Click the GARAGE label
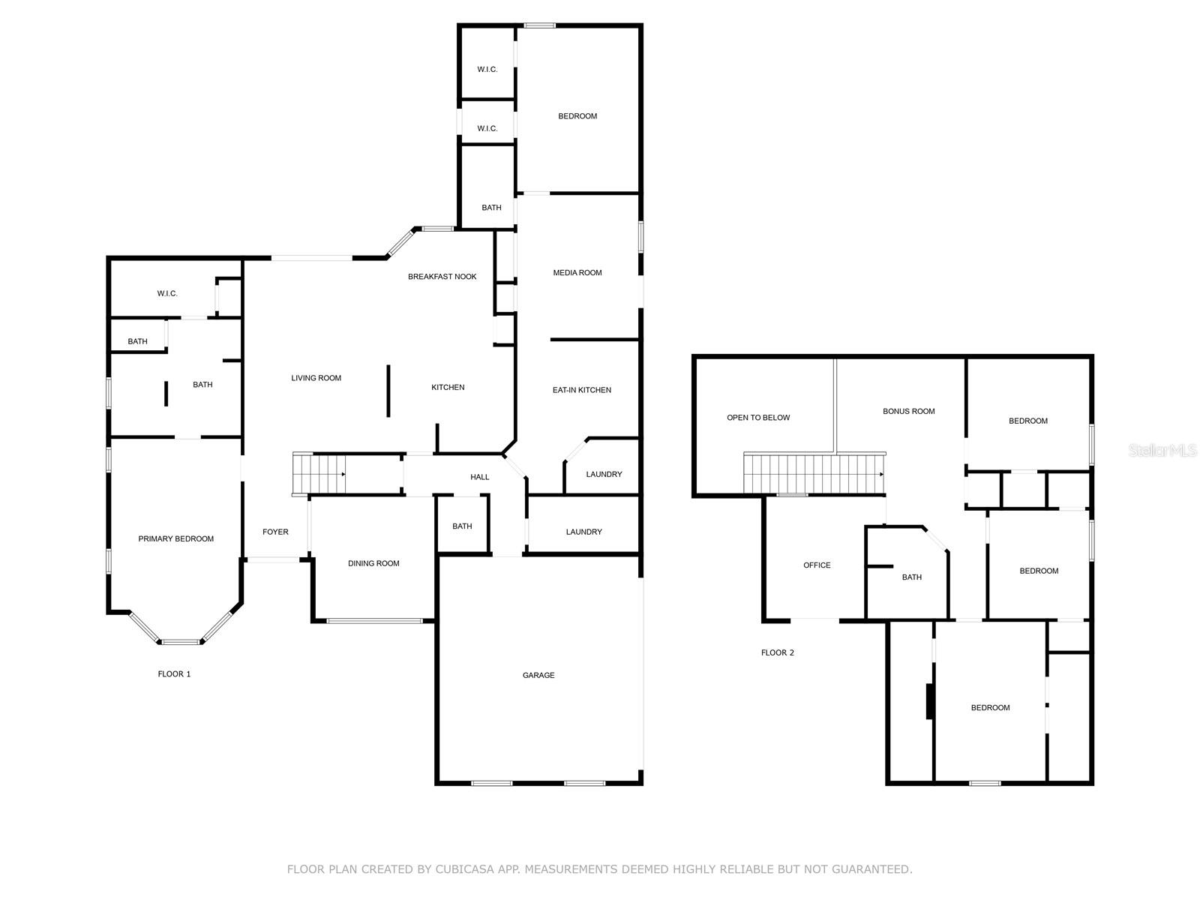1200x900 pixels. click(538, 676)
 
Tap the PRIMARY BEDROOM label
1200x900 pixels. click(175, 538)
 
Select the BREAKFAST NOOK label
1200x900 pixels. click(442, 277)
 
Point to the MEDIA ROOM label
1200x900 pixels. click(577, 273)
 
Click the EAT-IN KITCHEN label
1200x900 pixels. click(581, 390)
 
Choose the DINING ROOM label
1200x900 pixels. click(373, 563)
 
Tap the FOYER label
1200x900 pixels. click(275, 532)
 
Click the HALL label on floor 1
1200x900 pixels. click(479, 477)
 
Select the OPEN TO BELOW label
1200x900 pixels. click(757, 418)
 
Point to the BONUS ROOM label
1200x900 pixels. click(908, 412)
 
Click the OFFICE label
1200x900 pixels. click(816, 565)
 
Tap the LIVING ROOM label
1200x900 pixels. click(316, 378)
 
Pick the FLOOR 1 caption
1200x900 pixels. click(174, 673)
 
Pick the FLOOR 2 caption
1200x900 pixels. click(777, 652)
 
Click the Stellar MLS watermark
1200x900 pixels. click(1162, 450)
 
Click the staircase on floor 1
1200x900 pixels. click(319, 474)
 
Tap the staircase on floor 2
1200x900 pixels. click(814, 474)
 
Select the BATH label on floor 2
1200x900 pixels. click(911, 577)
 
